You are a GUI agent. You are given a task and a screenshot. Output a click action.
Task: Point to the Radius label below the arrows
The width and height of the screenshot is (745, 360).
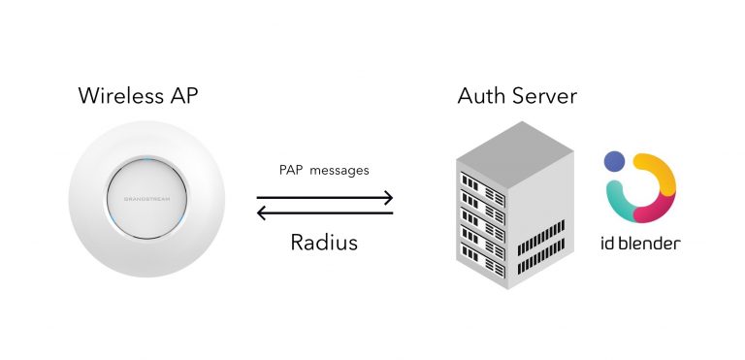324,242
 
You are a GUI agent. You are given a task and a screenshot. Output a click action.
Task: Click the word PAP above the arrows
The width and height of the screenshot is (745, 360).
290,170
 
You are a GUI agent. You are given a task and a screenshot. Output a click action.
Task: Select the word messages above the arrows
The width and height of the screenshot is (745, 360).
339,170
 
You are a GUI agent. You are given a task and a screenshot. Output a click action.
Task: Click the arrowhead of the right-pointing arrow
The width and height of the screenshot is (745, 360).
388,198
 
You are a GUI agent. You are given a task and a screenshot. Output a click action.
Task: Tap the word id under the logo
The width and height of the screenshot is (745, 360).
609,243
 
